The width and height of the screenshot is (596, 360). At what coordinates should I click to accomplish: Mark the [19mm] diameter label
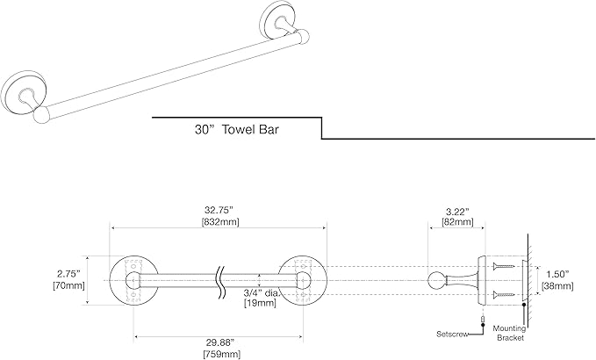pos(259,304)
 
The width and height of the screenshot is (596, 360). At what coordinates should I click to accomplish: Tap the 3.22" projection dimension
pos(456,212)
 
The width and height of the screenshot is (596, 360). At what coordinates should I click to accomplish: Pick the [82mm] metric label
pos(456,224)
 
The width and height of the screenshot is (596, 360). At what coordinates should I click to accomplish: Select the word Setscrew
pos(454,334)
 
